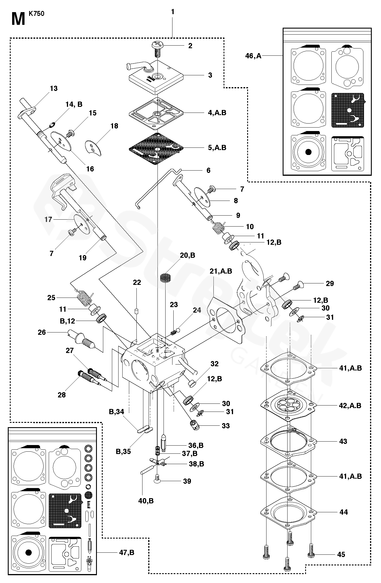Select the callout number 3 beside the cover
point(210,75)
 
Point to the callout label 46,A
point(253,56)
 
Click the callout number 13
point(54,89)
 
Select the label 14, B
point(74,104)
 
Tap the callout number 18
point(114,126)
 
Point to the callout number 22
point(137,283)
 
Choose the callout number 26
point(42,332)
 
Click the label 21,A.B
point(221,271)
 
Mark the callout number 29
point(330,283)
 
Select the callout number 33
point(226,426)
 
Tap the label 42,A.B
point(350,406)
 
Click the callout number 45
point(341,554)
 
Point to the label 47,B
point(127,552)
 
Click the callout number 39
point(187,481)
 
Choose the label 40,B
point(146,501)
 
